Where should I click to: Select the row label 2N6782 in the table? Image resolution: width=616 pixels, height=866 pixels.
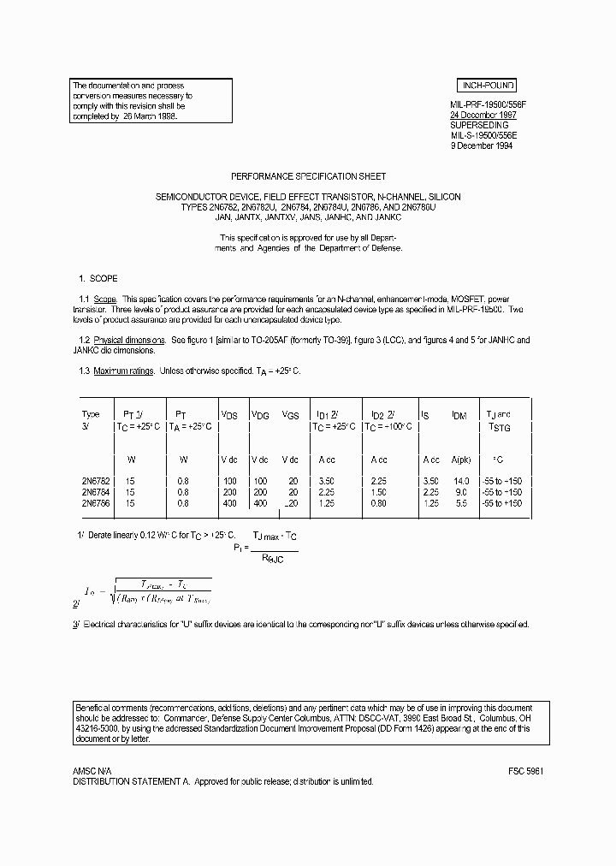point(95,482)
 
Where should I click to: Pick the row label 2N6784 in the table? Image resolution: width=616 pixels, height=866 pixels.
point(95,492)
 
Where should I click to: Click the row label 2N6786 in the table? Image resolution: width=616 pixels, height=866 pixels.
point(95,503)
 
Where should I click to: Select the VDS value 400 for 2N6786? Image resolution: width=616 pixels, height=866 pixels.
point(229,503)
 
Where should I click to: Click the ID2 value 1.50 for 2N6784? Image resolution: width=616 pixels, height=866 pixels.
point(378,492)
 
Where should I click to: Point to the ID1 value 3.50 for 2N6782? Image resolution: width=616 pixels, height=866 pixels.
point(326,482)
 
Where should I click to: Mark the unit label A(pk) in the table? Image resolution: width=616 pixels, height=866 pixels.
point(460,459)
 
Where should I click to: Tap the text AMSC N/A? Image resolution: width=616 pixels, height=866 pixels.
point(92,770)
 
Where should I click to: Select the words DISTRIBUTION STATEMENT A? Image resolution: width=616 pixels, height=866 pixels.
point(131,781)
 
